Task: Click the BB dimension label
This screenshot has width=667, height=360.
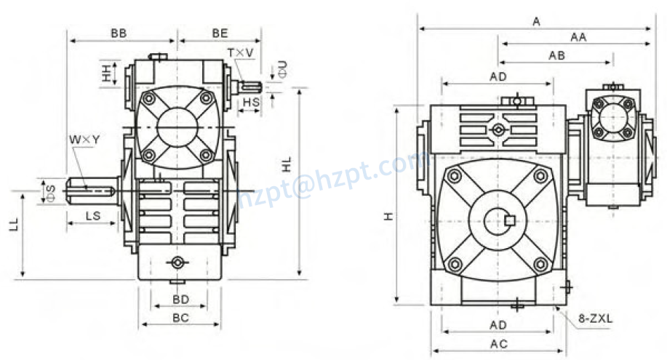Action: click(x=119, y=33)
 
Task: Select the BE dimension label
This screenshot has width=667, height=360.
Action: click(x=220, y=33)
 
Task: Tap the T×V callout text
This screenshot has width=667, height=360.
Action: click(x=240, y=53)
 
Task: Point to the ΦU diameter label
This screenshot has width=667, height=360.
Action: click(x=282, y=69)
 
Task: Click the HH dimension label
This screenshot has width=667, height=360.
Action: click(x=106, y=73)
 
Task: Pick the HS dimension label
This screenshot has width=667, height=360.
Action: click(x=251, y=103)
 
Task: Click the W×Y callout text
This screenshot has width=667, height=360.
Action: click(x=84, y=139)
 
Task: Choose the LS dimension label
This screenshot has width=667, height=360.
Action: click(x=92, y=215)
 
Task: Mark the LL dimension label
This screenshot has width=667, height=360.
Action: click(x=13, y=223)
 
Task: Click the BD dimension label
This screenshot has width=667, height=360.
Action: click(x=180, y=299)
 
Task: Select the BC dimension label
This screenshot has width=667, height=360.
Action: click(x=180, y=317)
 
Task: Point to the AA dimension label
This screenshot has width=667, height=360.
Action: click(x=578, y=37)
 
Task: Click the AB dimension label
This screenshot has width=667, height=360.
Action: click(x=557, y=55)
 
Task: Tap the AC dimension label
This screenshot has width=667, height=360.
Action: click(x=498, y=343)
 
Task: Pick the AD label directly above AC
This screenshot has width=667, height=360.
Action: click(x=498, y=324)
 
